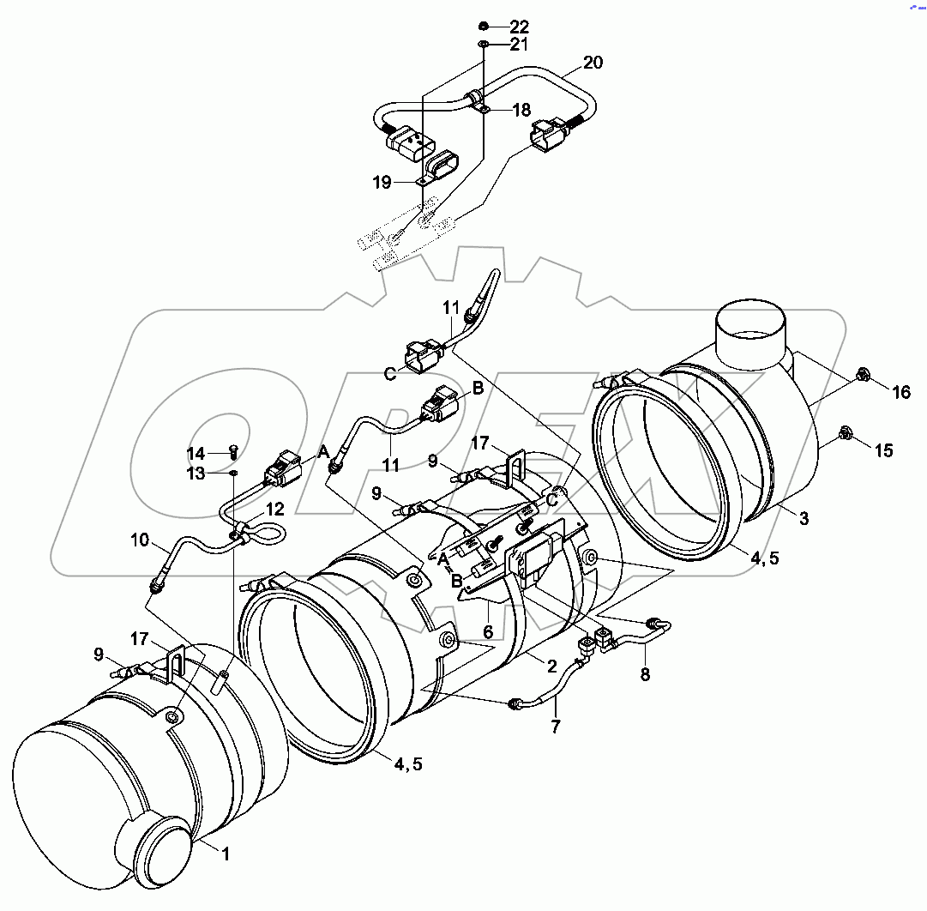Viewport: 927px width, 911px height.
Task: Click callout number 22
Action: point(520,27)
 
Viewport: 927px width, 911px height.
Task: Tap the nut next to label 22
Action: point(485,25)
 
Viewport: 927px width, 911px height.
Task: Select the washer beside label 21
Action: point(484,43)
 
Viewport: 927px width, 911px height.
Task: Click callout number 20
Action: point(593,63)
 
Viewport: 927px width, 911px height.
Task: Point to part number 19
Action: point(382,182)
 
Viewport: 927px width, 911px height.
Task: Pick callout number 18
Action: point(522,110)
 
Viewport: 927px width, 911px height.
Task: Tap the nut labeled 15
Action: point(844,433)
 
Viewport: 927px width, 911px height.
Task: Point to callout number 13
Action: point(196,473)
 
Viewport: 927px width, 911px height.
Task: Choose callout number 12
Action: point(274,509)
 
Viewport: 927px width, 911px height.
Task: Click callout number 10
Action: point(140,541)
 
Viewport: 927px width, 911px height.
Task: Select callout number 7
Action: point(556,727)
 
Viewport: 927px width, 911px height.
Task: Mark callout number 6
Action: point(488,631)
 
